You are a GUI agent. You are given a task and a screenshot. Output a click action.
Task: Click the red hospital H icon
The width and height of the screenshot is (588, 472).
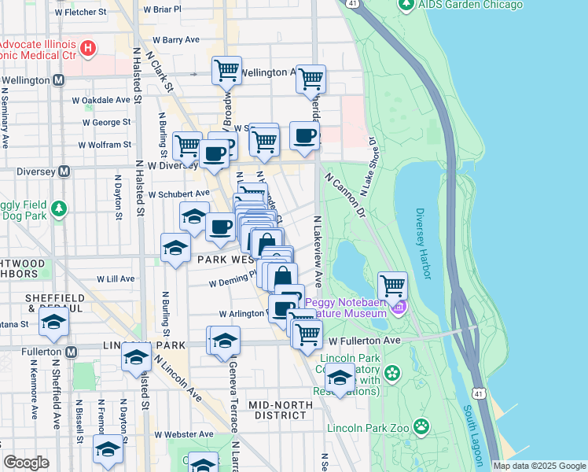click(x=88, y=48)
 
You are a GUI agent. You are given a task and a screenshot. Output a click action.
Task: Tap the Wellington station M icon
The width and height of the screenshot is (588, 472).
click(x=59, y=80)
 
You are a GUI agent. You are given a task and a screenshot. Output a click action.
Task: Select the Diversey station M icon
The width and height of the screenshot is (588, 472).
click(x=64, y=171)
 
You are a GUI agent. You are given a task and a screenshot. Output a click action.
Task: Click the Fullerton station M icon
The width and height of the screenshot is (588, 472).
click(x=72, y=351)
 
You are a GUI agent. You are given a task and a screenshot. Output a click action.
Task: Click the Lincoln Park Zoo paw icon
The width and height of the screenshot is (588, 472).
click(x=422, y=426)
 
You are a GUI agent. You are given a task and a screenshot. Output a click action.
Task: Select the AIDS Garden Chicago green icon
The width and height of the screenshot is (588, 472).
click(x=406, y=6)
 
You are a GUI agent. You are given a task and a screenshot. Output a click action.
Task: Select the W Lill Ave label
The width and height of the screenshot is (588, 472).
click(x=116, y=278)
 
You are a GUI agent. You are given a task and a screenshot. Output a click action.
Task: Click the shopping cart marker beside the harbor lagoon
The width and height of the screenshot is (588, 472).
click(x=392, y=286)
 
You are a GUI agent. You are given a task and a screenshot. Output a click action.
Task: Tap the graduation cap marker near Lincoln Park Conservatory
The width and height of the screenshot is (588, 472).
click(x=340, y=379)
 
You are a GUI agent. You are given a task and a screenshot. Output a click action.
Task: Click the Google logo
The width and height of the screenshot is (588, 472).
click(x=25, y=463)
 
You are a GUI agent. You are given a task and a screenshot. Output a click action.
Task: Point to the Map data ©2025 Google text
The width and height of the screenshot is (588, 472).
click(x=539, y=466)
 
